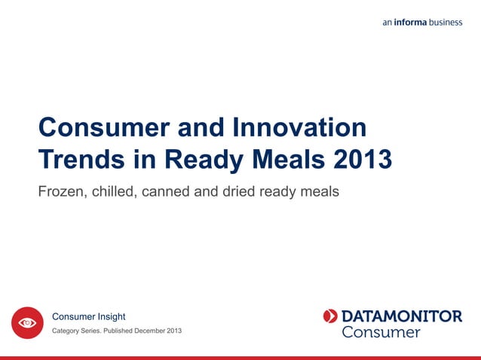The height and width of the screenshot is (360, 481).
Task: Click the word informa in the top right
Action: [410, 23]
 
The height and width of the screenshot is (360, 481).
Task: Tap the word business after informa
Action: [446, 23]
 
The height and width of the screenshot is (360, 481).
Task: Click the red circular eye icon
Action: [27, 323]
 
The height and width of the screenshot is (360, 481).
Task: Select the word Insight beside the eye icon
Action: [110, 317]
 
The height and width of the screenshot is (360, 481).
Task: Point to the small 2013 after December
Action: [174, 332]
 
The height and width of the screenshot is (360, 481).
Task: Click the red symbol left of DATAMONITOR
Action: [330, 316]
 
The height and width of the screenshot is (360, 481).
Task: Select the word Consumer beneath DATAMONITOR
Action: [381, 332]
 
